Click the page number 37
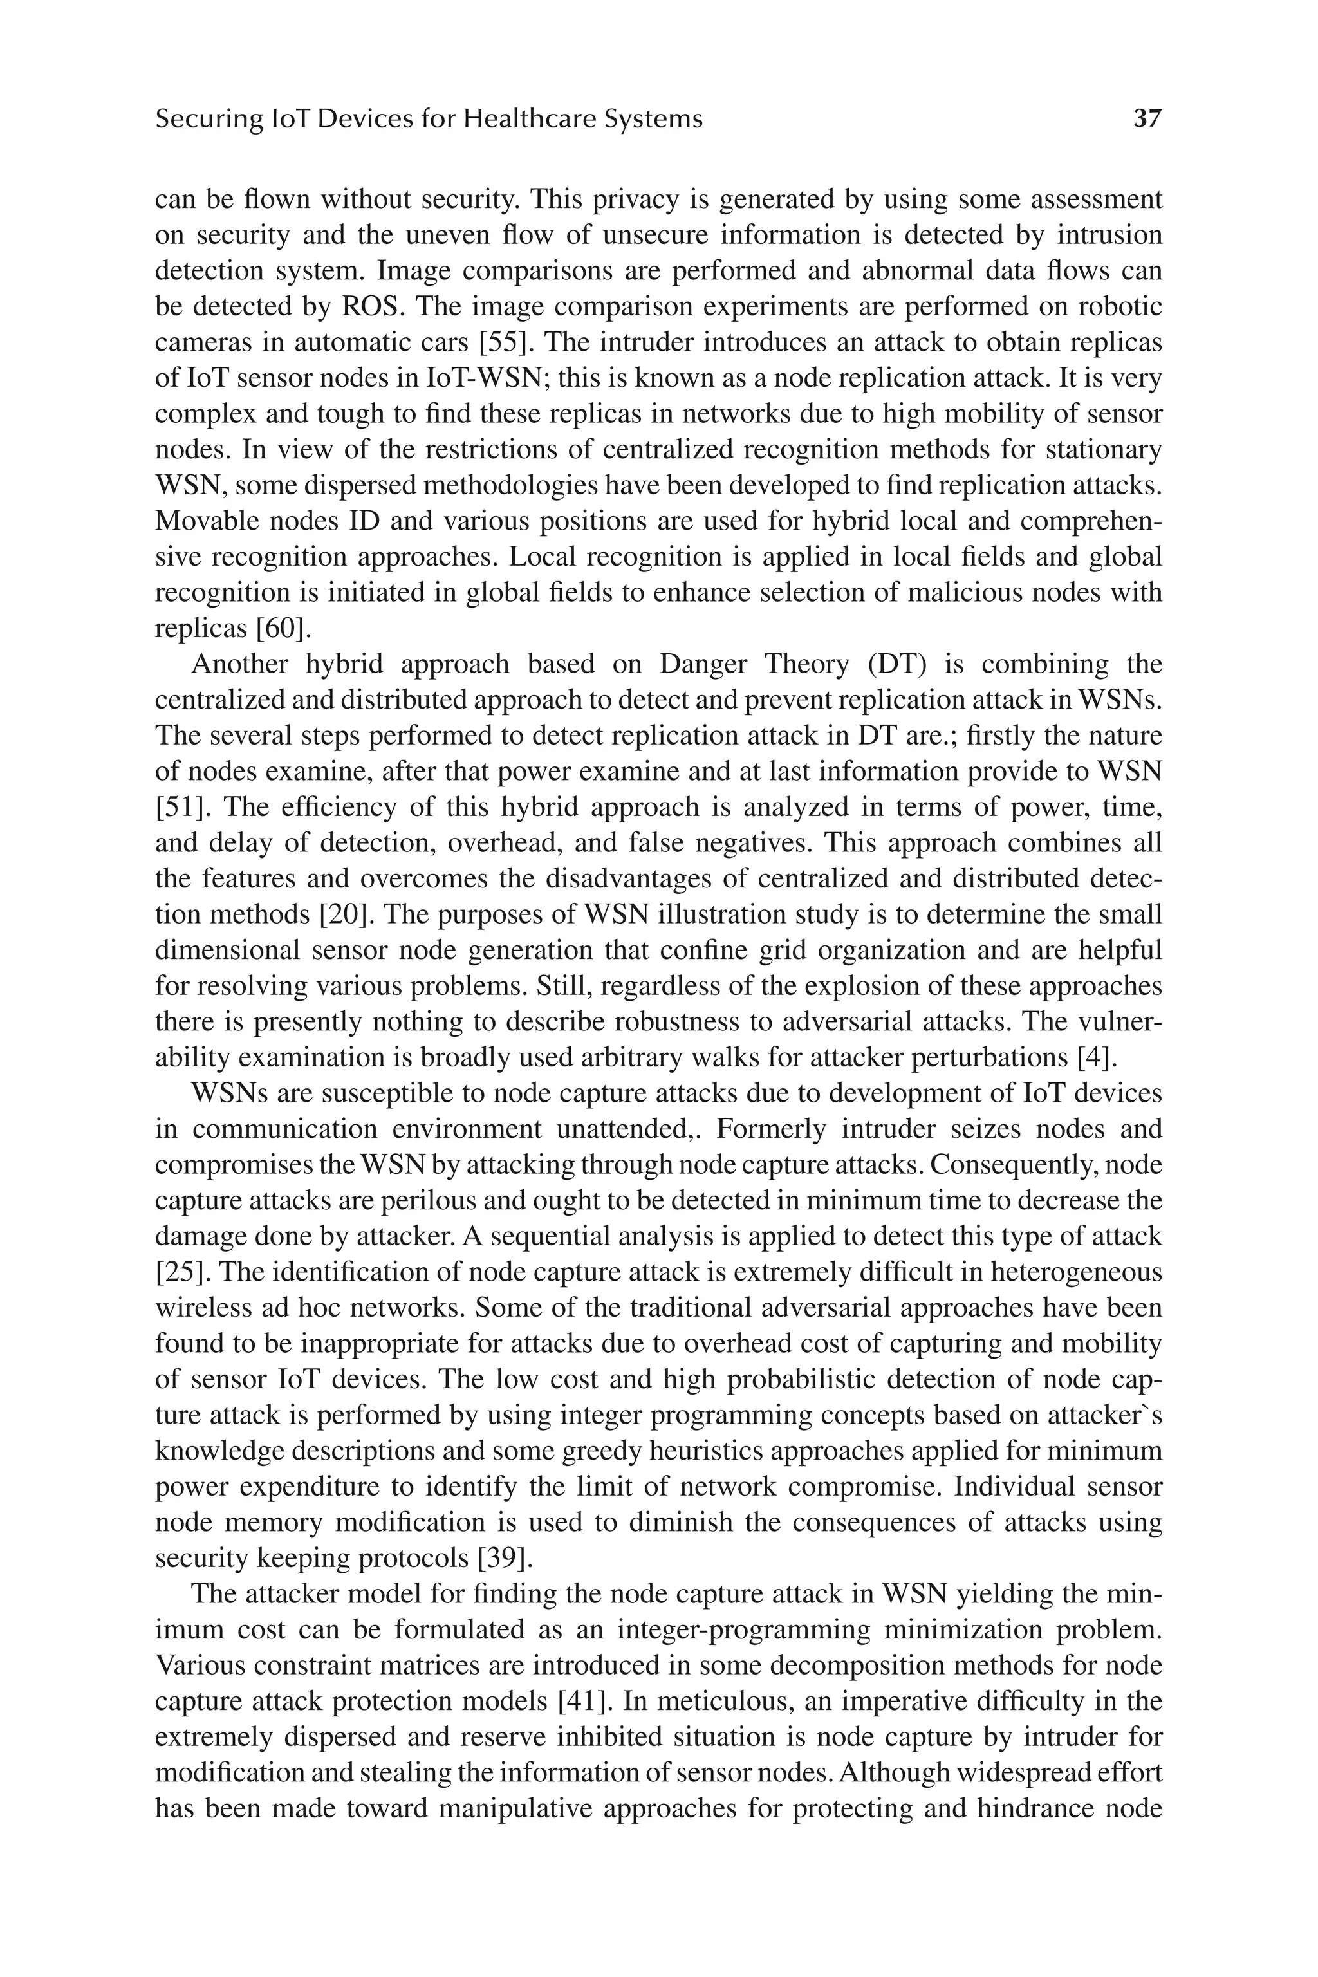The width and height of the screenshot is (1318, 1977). (x=1147, y=118)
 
